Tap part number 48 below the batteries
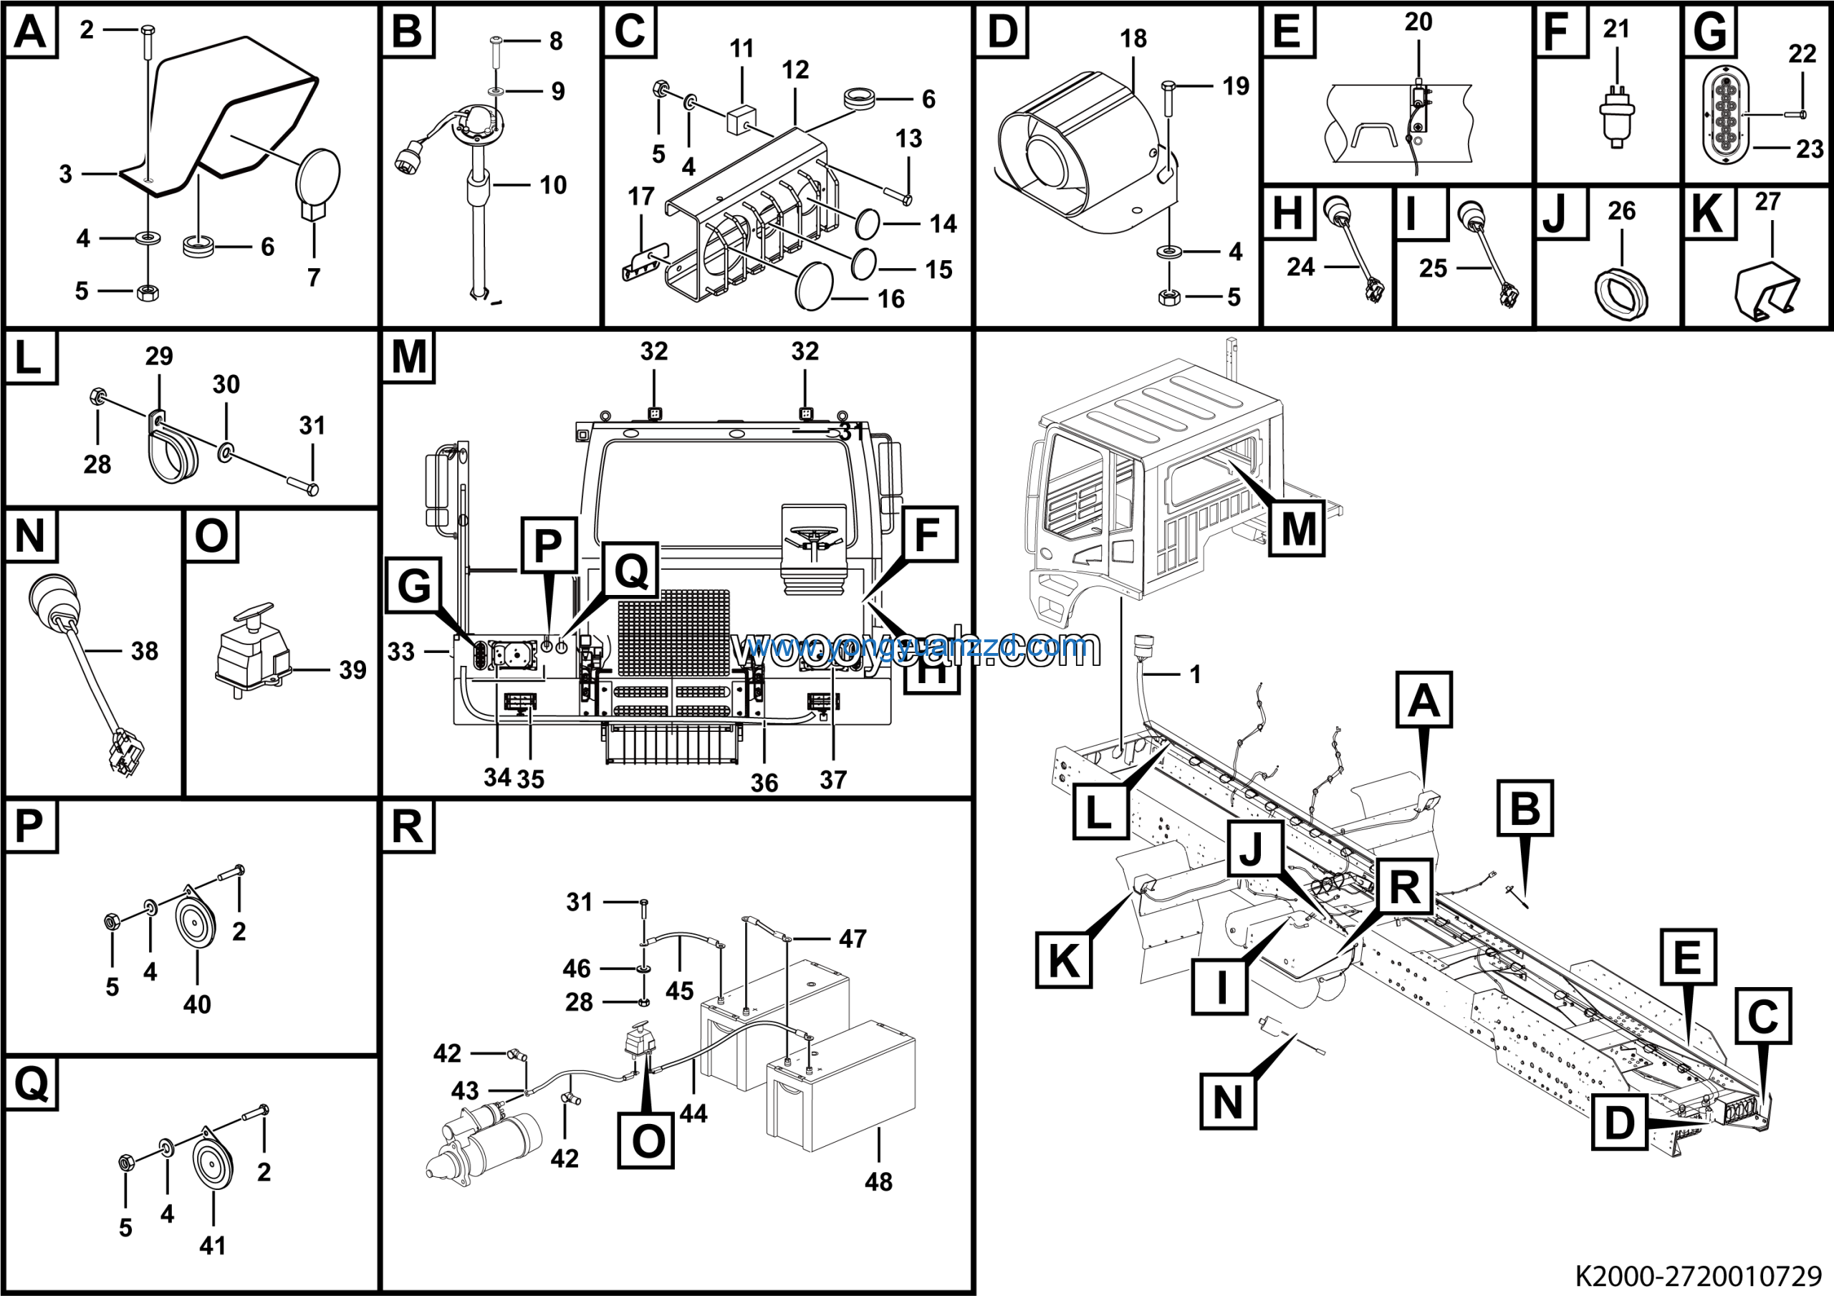(x=878, y=1182)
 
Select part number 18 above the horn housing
(x=1133, y=39)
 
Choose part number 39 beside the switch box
(x=352, y=670)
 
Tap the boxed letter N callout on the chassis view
(x=1228, y=1102)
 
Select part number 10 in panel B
(x=553, y=186)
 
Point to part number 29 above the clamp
(x=159, y=356)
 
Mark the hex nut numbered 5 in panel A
(x=147, y=292)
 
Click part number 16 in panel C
(x=890, y=299)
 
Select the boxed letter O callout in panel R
(x=646, y=1140)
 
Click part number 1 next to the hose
(x=1195, y=675)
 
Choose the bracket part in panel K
(x=1767, y=292)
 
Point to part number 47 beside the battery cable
(x=853, y=938)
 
